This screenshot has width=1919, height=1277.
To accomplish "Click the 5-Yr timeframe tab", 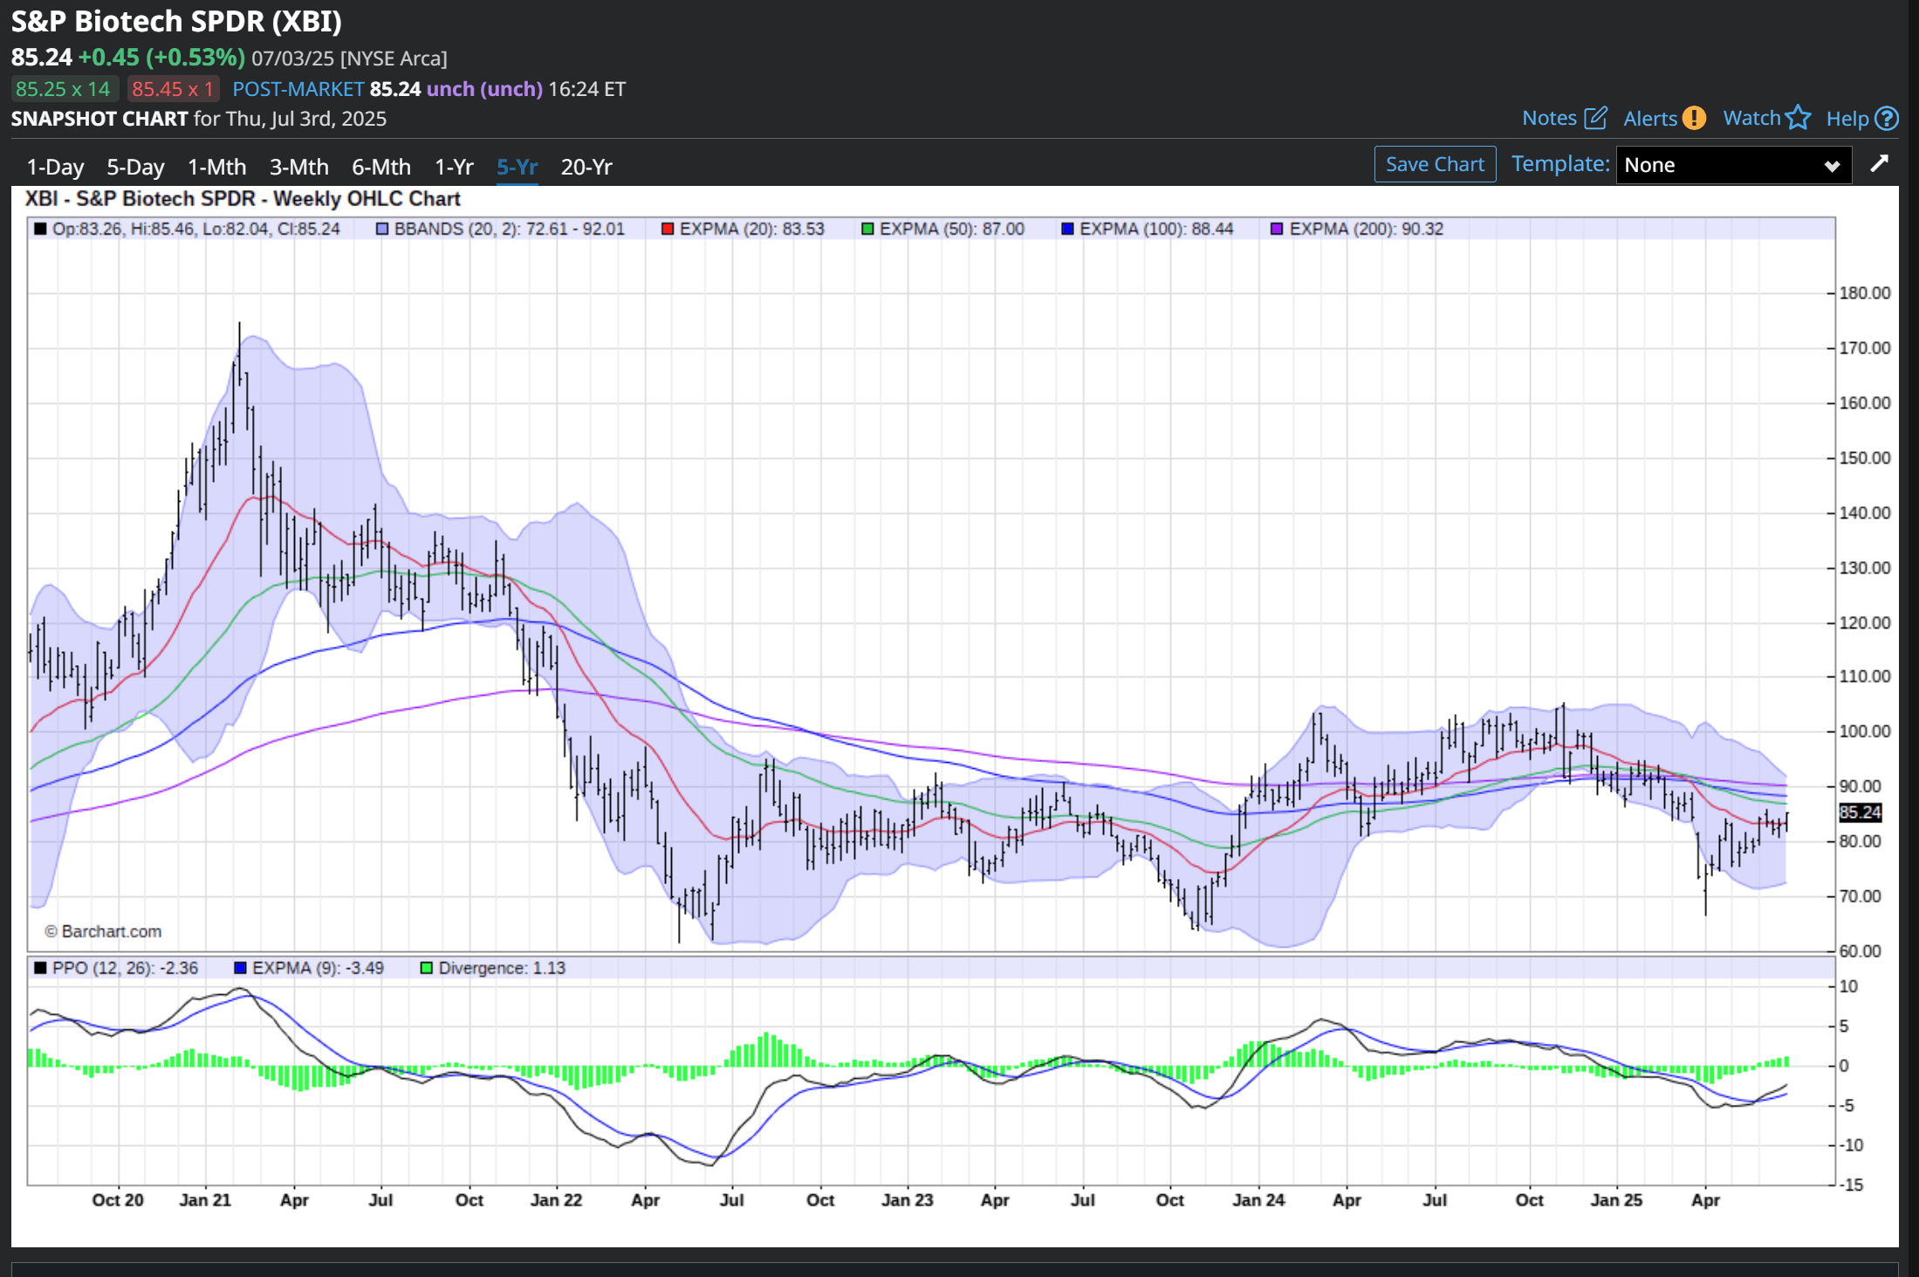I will (517, 167).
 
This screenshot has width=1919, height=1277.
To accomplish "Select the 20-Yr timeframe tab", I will (586, 167).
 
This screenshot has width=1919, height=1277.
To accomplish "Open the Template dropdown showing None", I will (1732, 165).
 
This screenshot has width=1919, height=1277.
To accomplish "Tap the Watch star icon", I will (1799, 118).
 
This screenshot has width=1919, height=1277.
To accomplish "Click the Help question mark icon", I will (1886, 118).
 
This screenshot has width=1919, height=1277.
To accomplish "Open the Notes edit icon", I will (1595, 118).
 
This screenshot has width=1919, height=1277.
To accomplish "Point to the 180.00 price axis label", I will (1864, 293).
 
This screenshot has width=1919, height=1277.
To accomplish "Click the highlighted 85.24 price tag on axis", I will (1860, 813).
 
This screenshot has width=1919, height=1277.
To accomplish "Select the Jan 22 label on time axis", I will (556, 1200).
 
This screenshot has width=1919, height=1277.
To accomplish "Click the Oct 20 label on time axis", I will (118, 1200).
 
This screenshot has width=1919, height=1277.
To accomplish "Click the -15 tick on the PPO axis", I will (1851, 1184).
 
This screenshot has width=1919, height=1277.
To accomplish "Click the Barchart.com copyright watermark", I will (103, 931).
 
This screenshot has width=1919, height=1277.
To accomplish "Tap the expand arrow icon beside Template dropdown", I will (1879, 164).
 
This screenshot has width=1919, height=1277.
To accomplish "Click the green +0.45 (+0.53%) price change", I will (161, 58).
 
